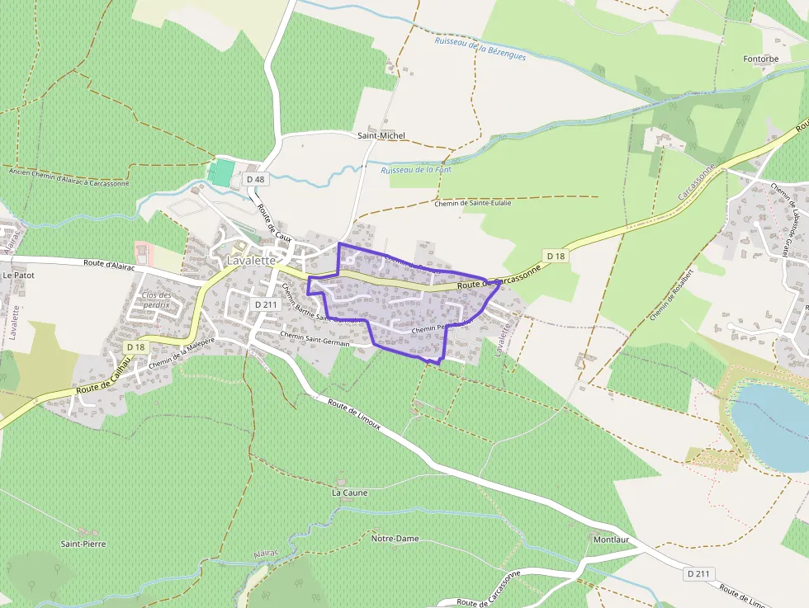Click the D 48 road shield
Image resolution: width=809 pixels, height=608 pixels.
coord(255,179)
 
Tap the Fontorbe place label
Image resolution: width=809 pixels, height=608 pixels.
coord(760,59)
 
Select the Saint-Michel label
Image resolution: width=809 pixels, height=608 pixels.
coord(381,135)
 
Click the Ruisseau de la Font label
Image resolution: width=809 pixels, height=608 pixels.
coord(416,170)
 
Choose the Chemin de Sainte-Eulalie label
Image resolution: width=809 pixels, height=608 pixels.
coord(473,203)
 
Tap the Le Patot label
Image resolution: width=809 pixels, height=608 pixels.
coord(18,275)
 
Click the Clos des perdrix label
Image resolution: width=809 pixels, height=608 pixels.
coord(156,299)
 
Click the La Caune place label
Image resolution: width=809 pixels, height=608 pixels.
coord(349,493)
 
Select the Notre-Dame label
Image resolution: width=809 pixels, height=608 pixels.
coord(395,539)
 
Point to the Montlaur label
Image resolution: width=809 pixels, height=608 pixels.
coord(612,540)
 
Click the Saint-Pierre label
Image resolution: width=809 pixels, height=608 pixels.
coord(83,544)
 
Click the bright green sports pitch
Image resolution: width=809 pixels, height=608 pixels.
coord(221,172)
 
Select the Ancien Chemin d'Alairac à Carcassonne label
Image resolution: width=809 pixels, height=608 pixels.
coord(69,177)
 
